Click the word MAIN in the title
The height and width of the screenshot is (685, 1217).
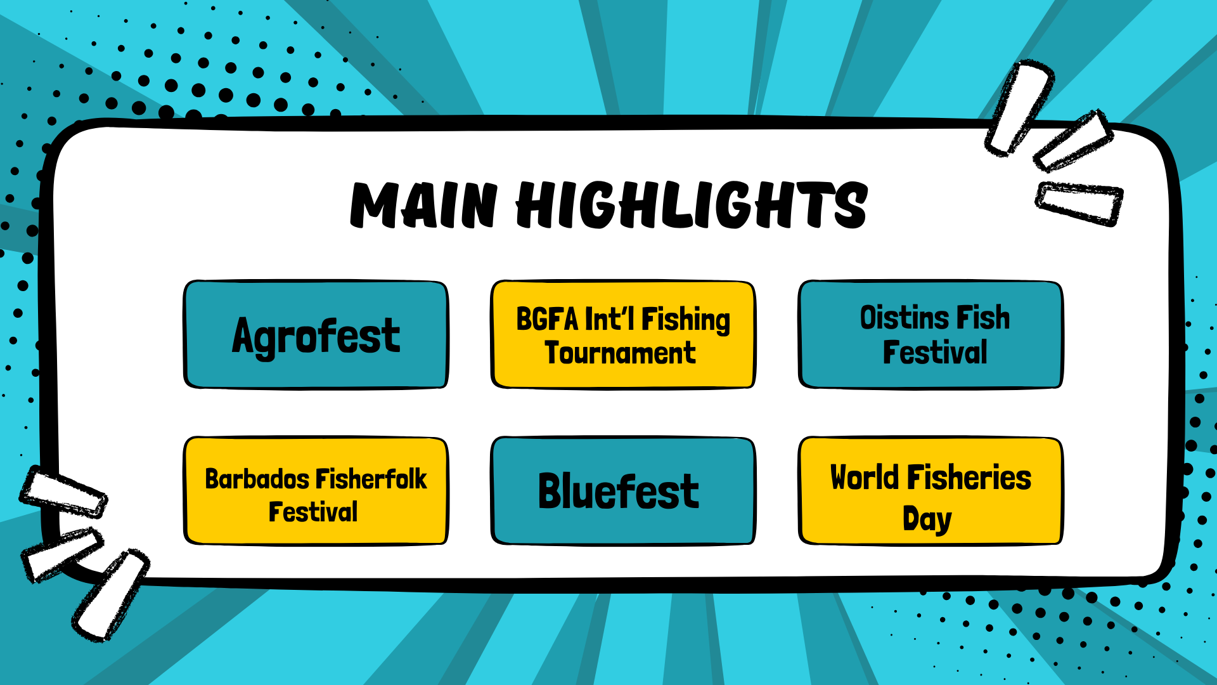(x=424, y=204)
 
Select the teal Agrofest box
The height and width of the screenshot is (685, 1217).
(x=316, y=334)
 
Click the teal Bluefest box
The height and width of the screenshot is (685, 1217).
(x=623, y=490)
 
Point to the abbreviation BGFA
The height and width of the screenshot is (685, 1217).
(x=547, y=319)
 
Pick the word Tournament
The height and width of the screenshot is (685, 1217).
(x=621, y=353)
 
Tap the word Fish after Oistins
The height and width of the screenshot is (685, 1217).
(x=983, y=318)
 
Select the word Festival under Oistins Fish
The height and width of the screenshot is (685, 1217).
(x=935, y=353)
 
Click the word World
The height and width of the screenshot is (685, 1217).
(x=865, y=478)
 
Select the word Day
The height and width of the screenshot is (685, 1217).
(x=927, y=519)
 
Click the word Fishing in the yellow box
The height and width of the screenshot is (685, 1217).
(x=686, y=320)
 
